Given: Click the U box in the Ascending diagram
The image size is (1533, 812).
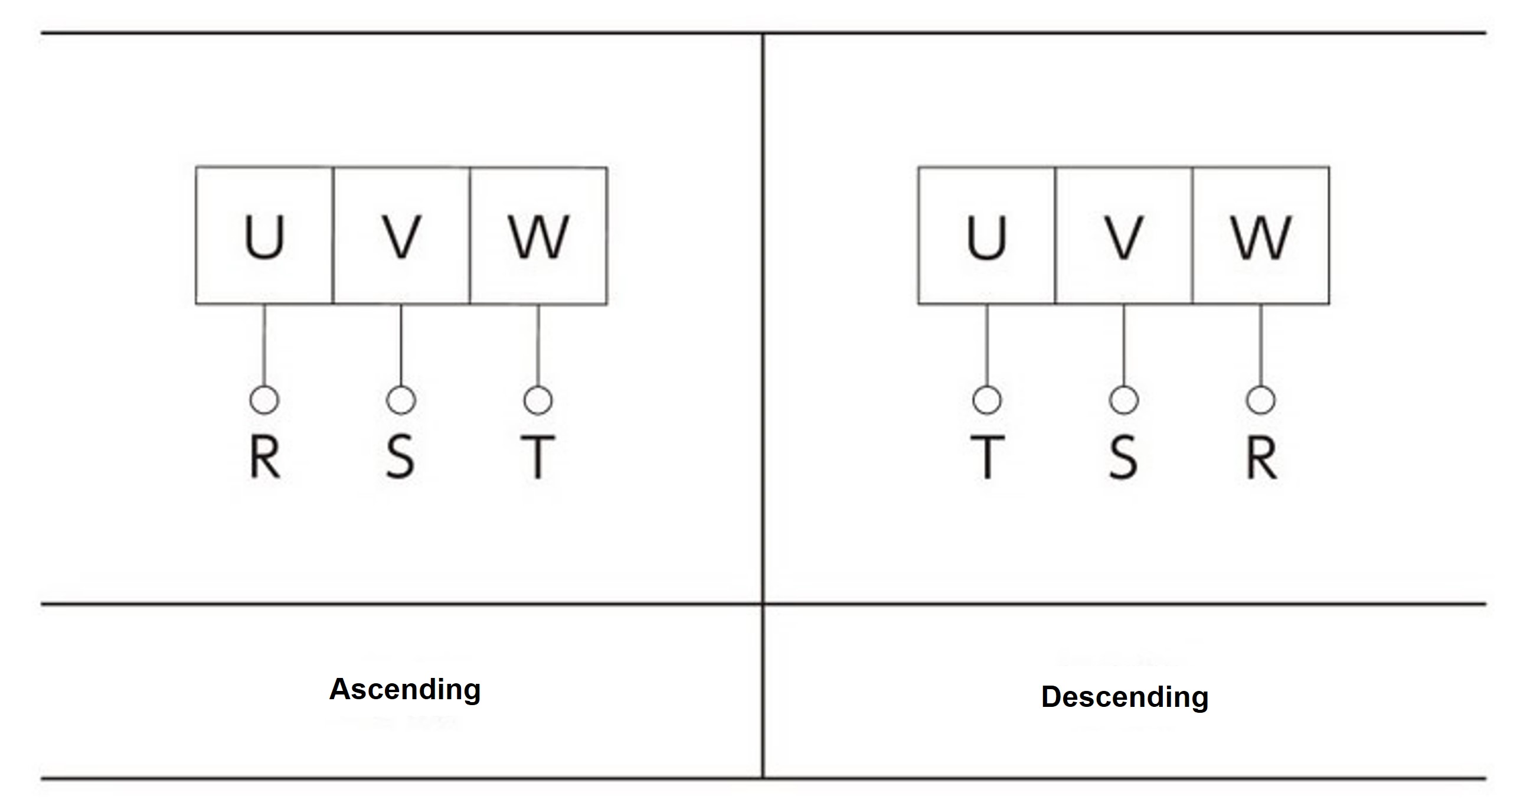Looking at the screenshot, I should point(264,236).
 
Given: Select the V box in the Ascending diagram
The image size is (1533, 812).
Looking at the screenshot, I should point(401,236).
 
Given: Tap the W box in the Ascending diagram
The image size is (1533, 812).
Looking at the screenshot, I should point(538,236).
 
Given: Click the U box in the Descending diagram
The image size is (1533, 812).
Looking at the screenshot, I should point(986,236).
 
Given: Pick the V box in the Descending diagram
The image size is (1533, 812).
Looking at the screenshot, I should point(1123,236).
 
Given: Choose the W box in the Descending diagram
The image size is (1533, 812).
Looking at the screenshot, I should point(1260,236).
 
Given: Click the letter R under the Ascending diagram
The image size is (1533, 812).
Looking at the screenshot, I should point(264,456).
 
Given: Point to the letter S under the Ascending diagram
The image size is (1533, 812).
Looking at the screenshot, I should point(400,456).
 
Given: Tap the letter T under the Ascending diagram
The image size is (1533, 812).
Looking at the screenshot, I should point(538,456).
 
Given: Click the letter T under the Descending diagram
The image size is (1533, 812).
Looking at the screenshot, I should point(988,456).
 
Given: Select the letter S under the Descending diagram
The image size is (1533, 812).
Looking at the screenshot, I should point(1123,456).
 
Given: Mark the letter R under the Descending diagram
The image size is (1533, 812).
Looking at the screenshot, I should point(1261,456).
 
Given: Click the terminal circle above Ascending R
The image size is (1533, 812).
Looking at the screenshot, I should point(264,399).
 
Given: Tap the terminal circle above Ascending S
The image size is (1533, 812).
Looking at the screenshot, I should point(401,399).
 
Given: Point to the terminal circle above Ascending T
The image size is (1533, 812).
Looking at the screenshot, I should point(538,399).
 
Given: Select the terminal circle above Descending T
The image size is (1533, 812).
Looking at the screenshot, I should point(987,399).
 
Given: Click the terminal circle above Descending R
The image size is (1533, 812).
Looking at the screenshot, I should point(1260,399).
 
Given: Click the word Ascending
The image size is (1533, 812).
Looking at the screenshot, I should point(405,689).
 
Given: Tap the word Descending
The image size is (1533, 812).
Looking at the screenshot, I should point(1124,696).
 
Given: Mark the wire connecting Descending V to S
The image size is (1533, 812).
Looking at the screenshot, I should point(1123,345).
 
